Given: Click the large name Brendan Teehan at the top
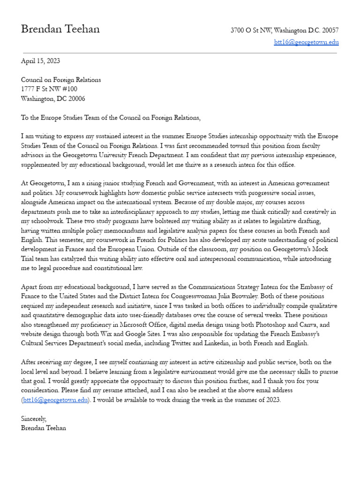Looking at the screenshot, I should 60,29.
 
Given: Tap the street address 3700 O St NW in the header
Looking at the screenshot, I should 251,30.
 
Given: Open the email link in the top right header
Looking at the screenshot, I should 306,42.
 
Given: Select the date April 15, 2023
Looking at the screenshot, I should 40,61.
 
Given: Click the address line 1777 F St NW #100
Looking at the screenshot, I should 49,89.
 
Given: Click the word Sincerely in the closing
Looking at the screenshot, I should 34,419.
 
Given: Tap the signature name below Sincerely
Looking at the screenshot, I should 44,428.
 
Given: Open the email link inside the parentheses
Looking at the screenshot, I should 55,400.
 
